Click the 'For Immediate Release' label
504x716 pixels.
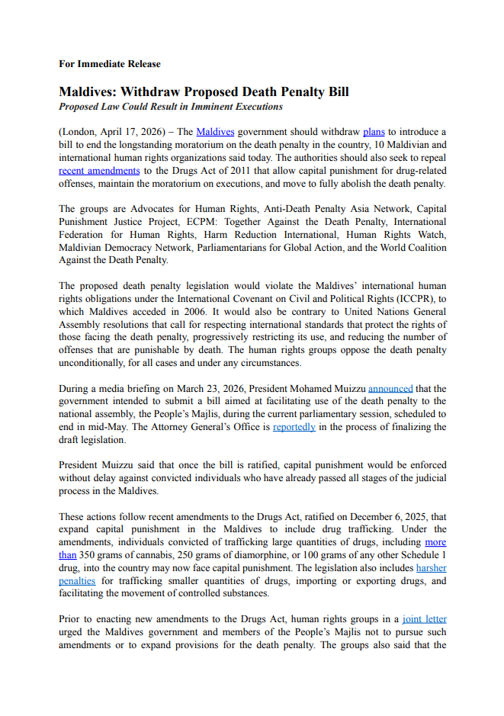point(110,64)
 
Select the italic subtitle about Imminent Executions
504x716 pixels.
point(171,107)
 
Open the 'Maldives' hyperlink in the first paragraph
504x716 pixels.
point(215,132)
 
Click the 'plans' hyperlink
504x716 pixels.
point(374,132)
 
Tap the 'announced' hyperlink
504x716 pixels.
point(390,388)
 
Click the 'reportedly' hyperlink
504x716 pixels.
point(294,427)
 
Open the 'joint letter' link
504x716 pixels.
point(425,619)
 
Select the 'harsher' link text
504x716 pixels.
point(431,568)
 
